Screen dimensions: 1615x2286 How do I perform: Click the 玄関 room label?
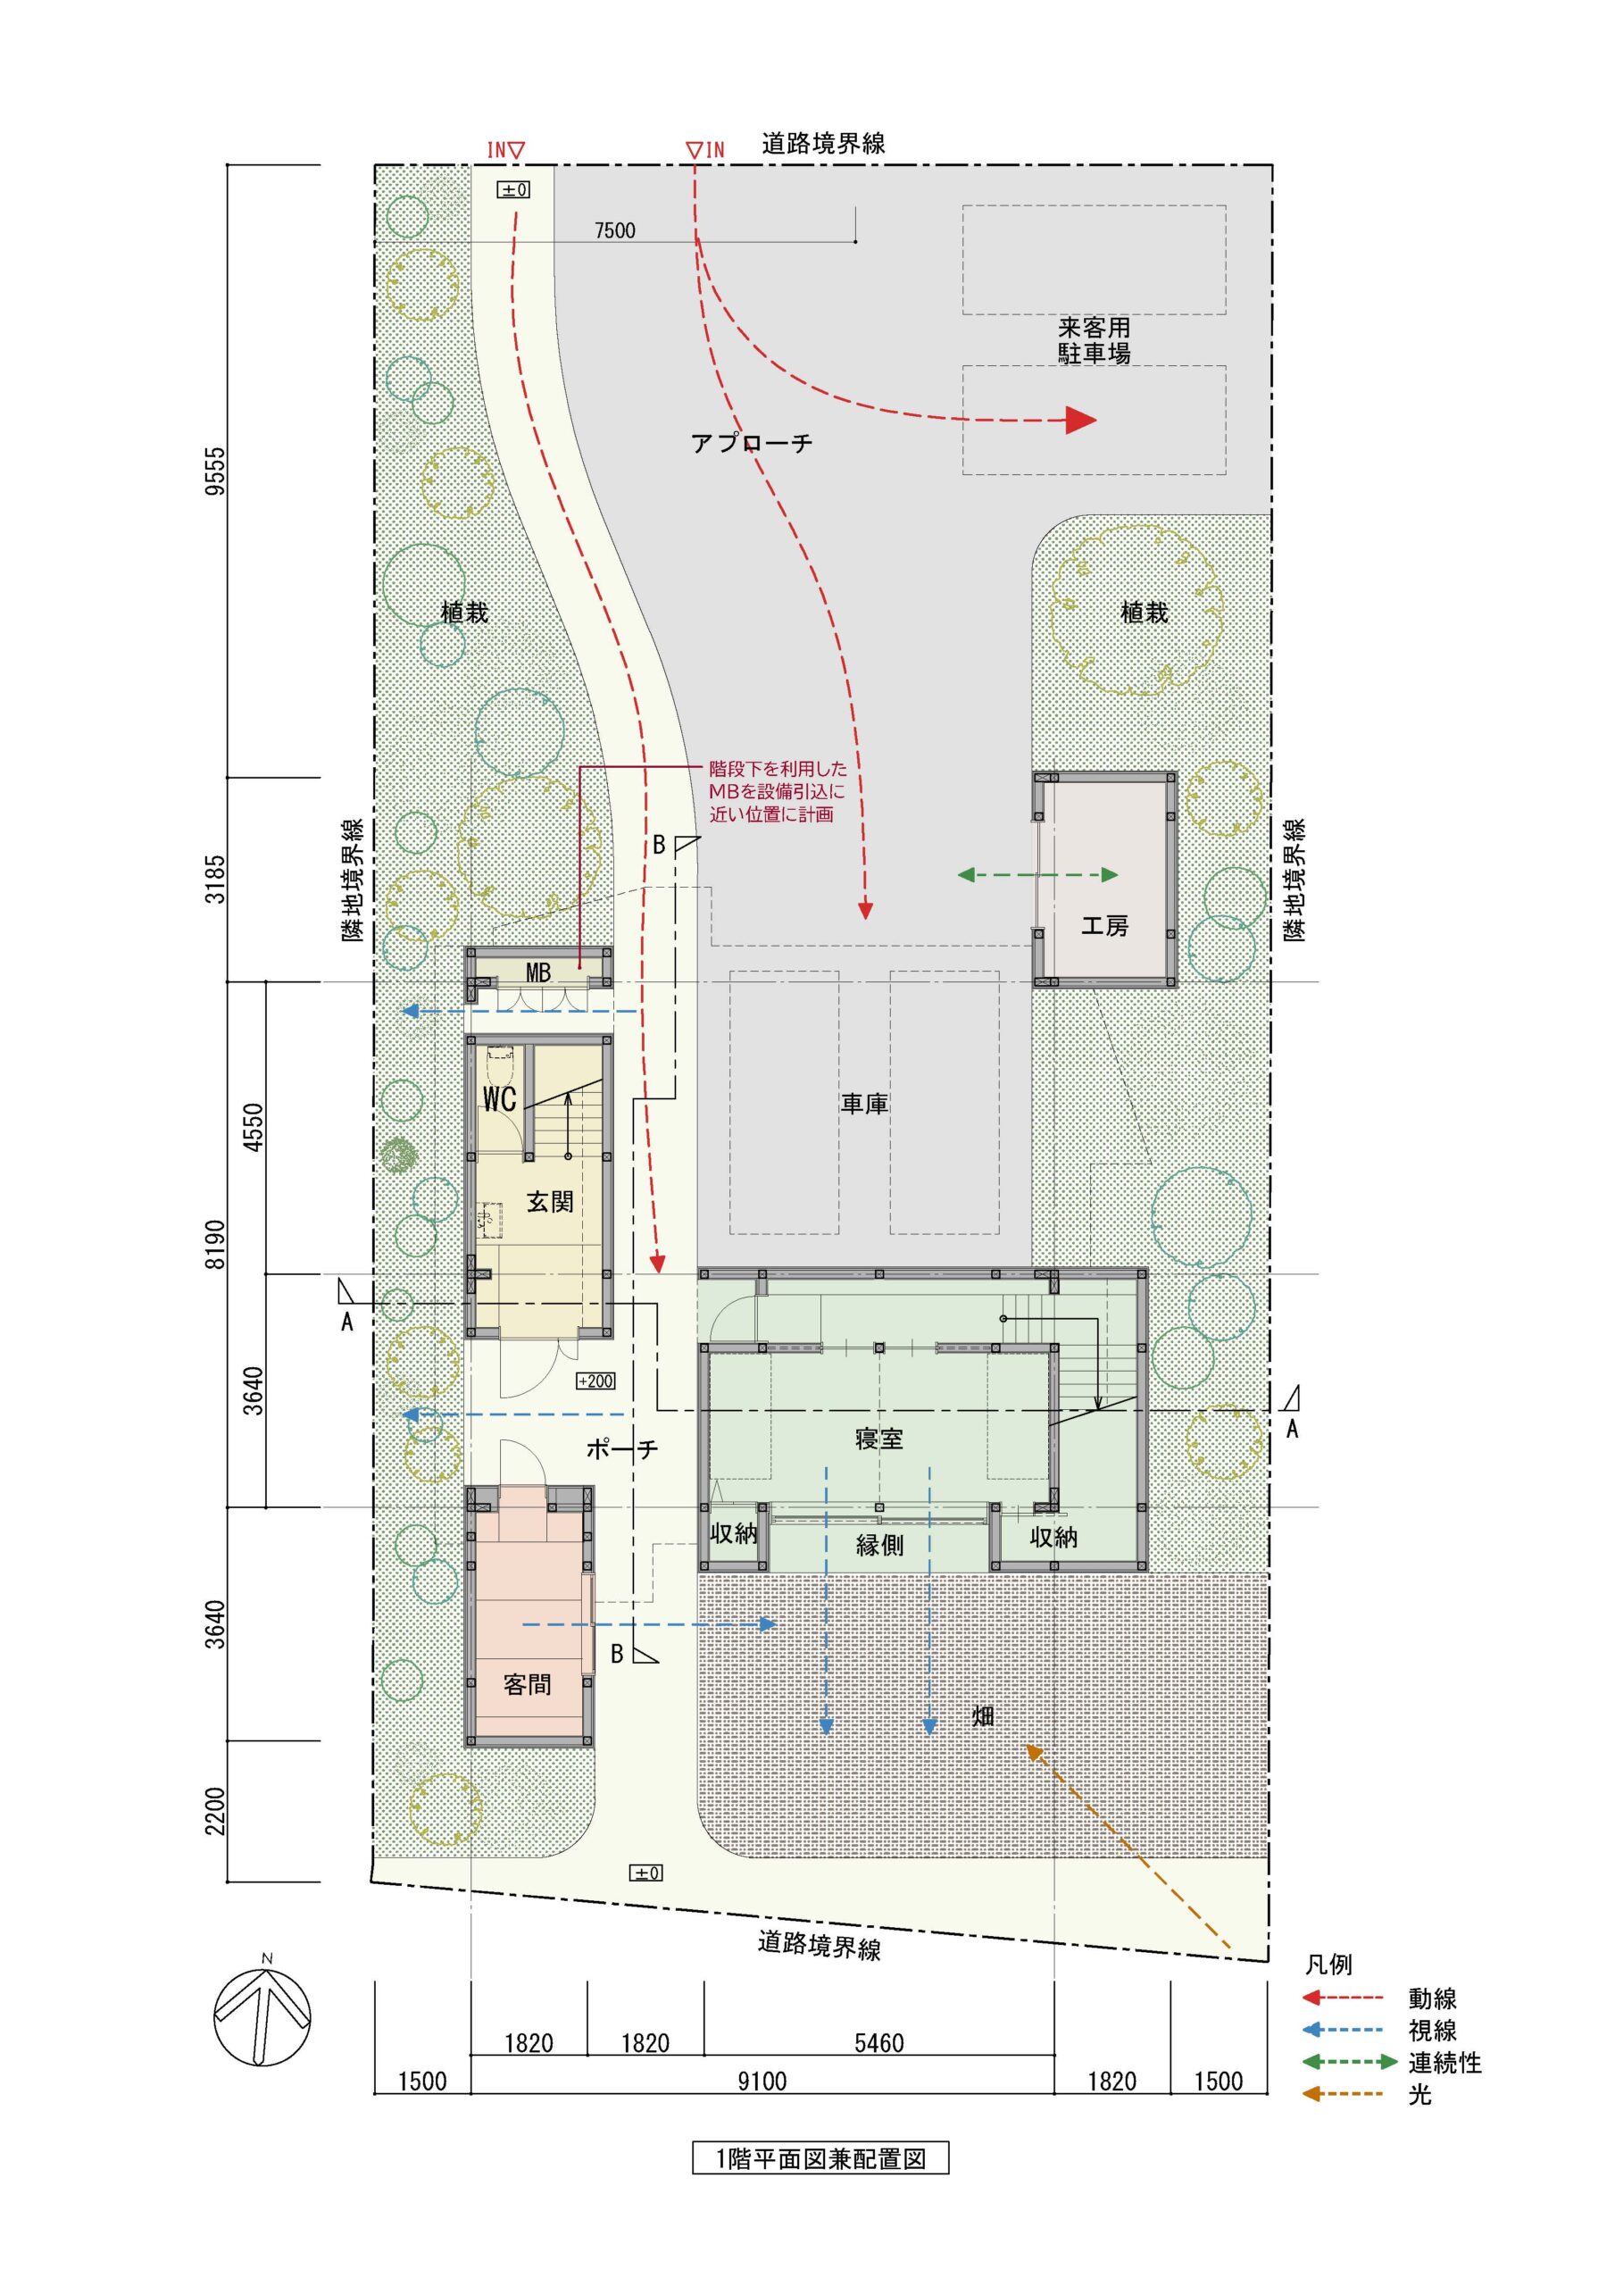tap(550, 1202)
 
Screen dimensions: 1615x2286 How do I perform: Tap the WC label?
tap(499, 1098)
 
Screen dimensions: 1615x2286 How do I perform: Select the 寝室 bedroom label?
tap(879, 1439)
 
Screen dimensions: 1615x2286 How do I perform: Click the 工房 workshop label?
tap(1104, 926)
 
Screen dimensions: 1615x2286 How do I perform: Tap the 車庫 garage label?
tap(864, 1103)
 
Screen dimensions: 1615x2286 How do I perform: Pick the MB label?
tap(537, 972)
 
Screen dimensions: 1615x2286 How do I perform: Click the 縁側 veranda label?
tap(880, 1545)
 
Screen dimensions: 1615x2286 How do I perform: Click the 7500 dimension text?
tap(614, 230)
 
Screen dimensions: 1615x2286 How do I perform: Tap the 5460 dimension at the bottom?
tap(879, 2043)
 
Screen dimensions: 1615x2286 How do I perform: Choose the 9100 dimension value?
tap(762, 2081)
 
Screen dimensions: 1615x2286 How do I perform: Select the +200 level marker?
tap(595, 1381)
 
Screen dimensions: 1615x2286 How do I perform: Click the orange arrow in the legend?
tap(1342, 2094)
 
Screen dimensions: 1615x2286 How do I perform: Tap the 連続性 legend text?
tap(1444, 2062)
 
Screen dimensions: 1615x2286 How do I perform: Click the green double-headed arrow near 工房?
tap(1037, 875)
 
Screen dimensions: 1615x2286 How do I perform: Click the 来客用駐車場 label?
tap(1094, 340)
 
